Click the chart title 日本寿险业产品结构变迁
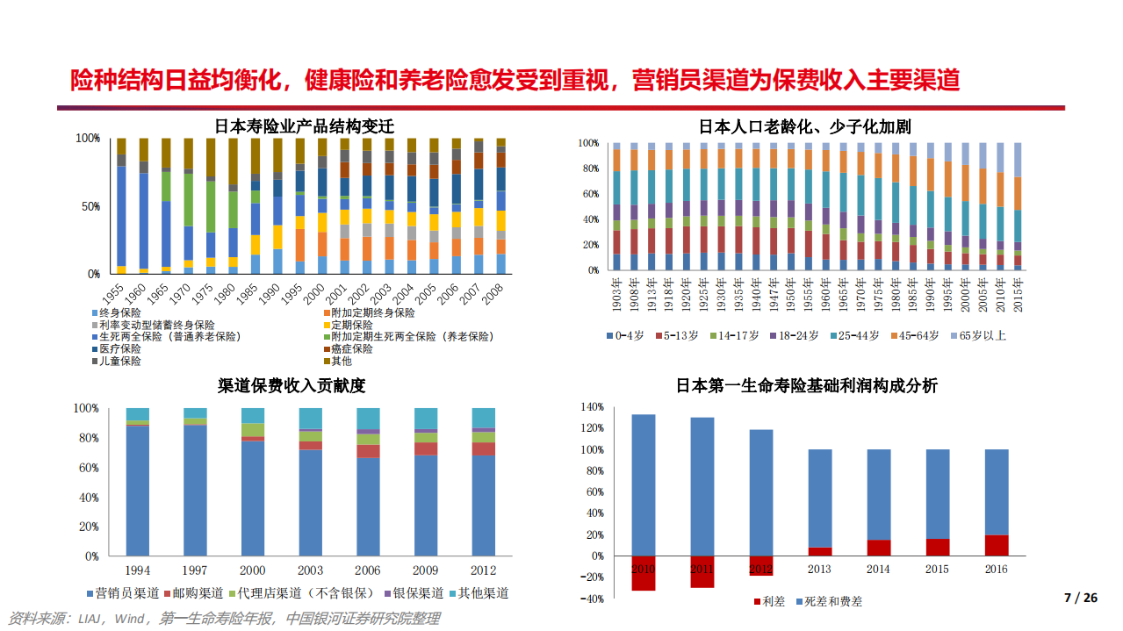tap(305, 126)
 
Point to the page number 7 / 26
tap(1081, 598)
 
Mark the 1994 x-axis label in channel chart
tap(138, 571)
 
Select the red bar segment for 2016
tap(997, 545)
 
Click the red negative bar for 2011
tap(702, 572)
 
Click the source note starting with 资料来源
tap(224, 619)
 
